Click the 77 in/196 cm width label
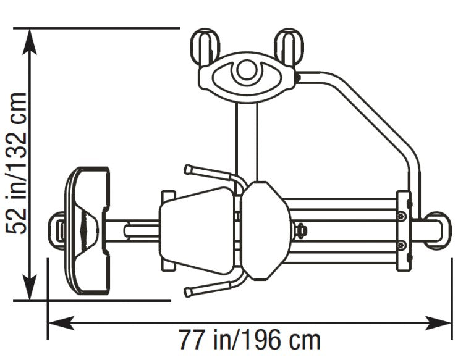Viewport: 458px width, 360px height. (250, 340)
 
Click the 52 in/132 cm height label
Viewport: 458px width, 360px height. (17, 163)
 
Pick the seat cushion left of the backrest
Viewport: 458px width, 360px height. (197, 228)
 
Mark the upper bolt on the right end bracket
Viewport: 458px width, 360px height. (402, 216)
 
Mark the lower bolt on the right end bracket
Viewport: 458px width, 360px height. (402, 245)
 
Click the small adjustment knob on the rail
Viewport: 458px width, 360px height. (302, 229)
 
